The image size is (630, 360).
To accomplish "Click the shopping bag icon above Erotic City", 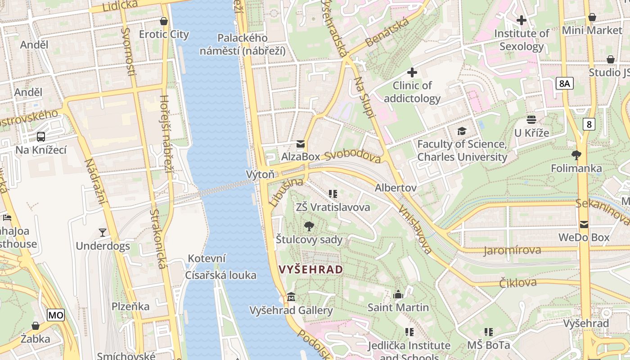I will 164,21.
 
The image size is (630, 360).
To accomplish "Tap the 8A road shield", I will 564,83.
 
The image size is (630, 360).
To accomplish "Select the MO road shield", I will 56,315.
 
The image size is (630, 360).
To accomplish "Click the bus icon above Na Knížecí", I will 41,137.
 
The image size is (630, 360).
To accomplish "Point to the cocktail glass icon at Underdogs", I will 103,233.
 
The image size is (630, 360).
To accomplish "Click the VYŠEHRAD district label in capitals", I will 311,270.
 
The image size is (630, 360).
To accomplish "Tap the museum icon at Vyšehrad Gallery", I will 291,297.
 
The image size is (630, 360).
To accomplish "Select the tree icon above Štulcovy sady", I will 309,226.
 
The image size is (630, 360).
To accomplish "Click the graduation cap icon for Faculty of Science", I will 462,131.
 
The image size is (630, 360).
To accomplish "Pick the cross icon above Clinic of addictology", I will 412,72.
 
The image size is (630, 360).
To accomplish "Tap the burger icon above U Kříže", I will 531,120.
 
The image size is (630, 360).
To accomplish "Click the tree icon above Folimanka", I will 576,156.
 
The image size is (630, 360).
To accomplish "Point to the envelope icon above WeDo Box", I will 584,224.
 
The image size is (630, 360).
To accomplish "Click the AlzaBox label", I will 300,157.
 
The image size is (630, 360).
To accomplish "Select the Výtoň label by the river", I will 260,174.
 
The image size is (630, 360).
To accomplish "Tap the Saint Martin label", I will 398,308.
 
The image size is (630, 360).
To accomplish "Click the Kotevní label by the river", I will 207,259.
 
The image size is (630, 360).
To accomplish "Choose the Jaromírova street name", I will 512,250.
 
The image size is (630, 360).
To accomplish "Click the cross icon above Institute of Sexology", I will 522,20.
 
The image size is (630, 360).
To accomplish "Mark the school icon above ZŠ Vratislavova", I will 333,194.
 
